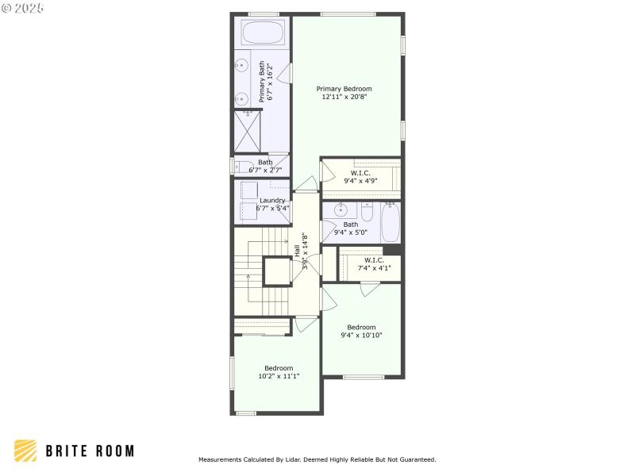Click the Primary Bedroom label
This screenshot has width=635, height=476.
pyautogui.click(x=344, y=89)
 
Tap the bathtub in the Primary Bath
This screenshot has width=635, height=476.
pyautogui.click(x=263, y=33)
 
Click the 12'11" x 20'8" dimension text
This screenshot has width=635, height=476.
pyautogui.click(x=344, y=97)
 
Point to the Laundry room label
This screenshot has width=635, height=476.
pyautogui.click(x=272, y=201)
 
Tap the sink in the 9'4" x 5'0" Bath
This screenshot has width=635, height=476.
pyautogui.click(x=340, y=211)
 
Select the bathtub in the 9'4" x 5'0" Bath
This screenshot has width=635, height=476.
pyautogui.click(x=390, y=223)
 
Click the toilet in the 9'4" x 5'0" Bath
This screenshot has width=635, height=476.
pyautogui.click(x=366, y=212)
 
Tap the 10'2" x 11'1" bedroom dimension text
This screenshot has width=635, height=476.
pyautogui.click(x=279, y=376)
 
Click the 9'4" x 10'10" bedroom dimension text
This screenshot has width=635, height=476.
pyautogui.click(x=361, y=335)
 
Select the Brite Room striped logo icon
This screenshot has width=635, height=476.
pyautogui.click(x=25, y=451)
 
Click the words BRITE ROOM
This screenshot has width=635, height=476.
pyautogui.click(x=89, y=451)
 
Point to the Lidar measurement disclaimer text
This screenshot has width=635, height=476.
pyautogui.click(x=317, y=459)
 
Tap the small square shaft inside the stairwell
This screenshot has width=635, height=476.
pyautogui.click(x=278, y=271)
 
